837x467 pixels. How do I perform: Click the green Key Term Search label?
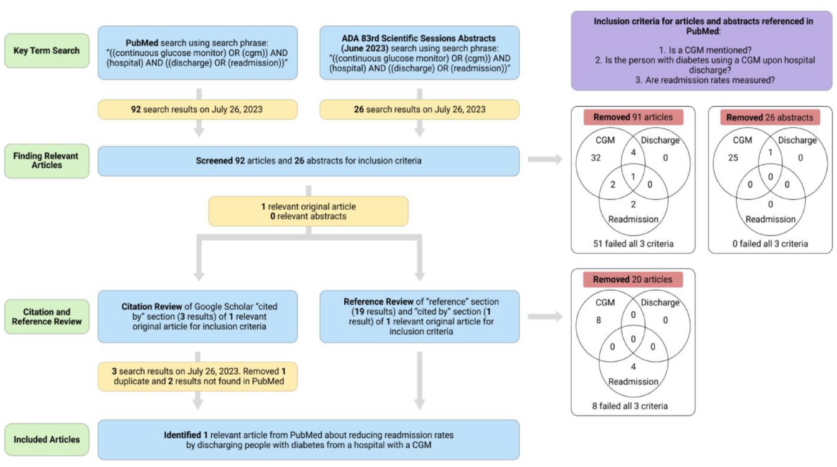pyautogui.click(x=47, y=51)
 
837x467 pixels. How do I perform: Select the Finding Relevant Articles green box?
pyautogui.click(x=47, y=161)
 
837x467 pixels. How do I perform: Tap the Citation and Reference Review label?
pyautogui.click(x=47, y=316)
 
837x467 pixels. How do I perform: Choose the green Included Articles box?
pyautogui.click(x=47, y=440)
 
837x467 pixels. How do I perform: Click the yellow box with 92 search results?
pyautogui.click(x=197, y=109)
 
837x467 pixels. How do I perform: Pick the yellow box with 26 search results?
pyautogui.click(x=419, y=109)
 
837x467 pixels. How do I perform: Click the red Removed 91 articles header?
pyautogui.click(x=633, y=117)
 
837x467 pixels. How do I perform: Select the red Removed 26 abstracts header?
pyautogui.click(x=770, y=117)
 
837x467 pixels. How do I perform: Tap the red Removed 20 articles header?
pyautogui.click(x=633, y=280)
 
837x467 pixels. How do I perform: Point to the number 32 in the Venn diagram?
pyautogui.click(x=596, y=158)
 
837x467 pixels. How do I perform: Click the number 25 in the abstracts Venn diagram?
pyautogui.click(x=733, y=158)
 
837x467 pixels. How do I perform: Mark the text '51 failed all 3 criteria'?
pyautogui.click(x=633, y=244)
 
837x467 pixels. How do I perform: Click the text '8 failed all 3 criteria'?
pyautogui.click(x=630, y=406)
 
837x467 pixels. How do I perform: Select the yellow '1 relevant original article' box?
pyautogui.click(x=308, y=211)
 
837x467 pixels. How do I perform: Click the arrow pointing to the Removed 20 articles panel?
pyautogui.click(x=545, y=317)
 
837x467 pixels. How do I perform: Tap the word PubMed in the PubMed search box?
pyautogui.click(x=142, y=43)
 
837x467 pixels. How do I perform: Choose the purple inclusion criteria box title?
pyautogui.click(x=703, y=26)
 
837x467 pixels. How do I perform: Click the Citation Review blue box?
pyautogui.click(x=198, y=316)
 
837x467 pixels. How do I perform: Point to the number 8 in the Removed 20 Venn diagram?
pyautogui.click(x=599, y=320)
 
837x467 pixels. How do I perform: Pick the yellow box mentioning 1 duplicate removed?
pyautogui.click(x=198, y=377)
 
